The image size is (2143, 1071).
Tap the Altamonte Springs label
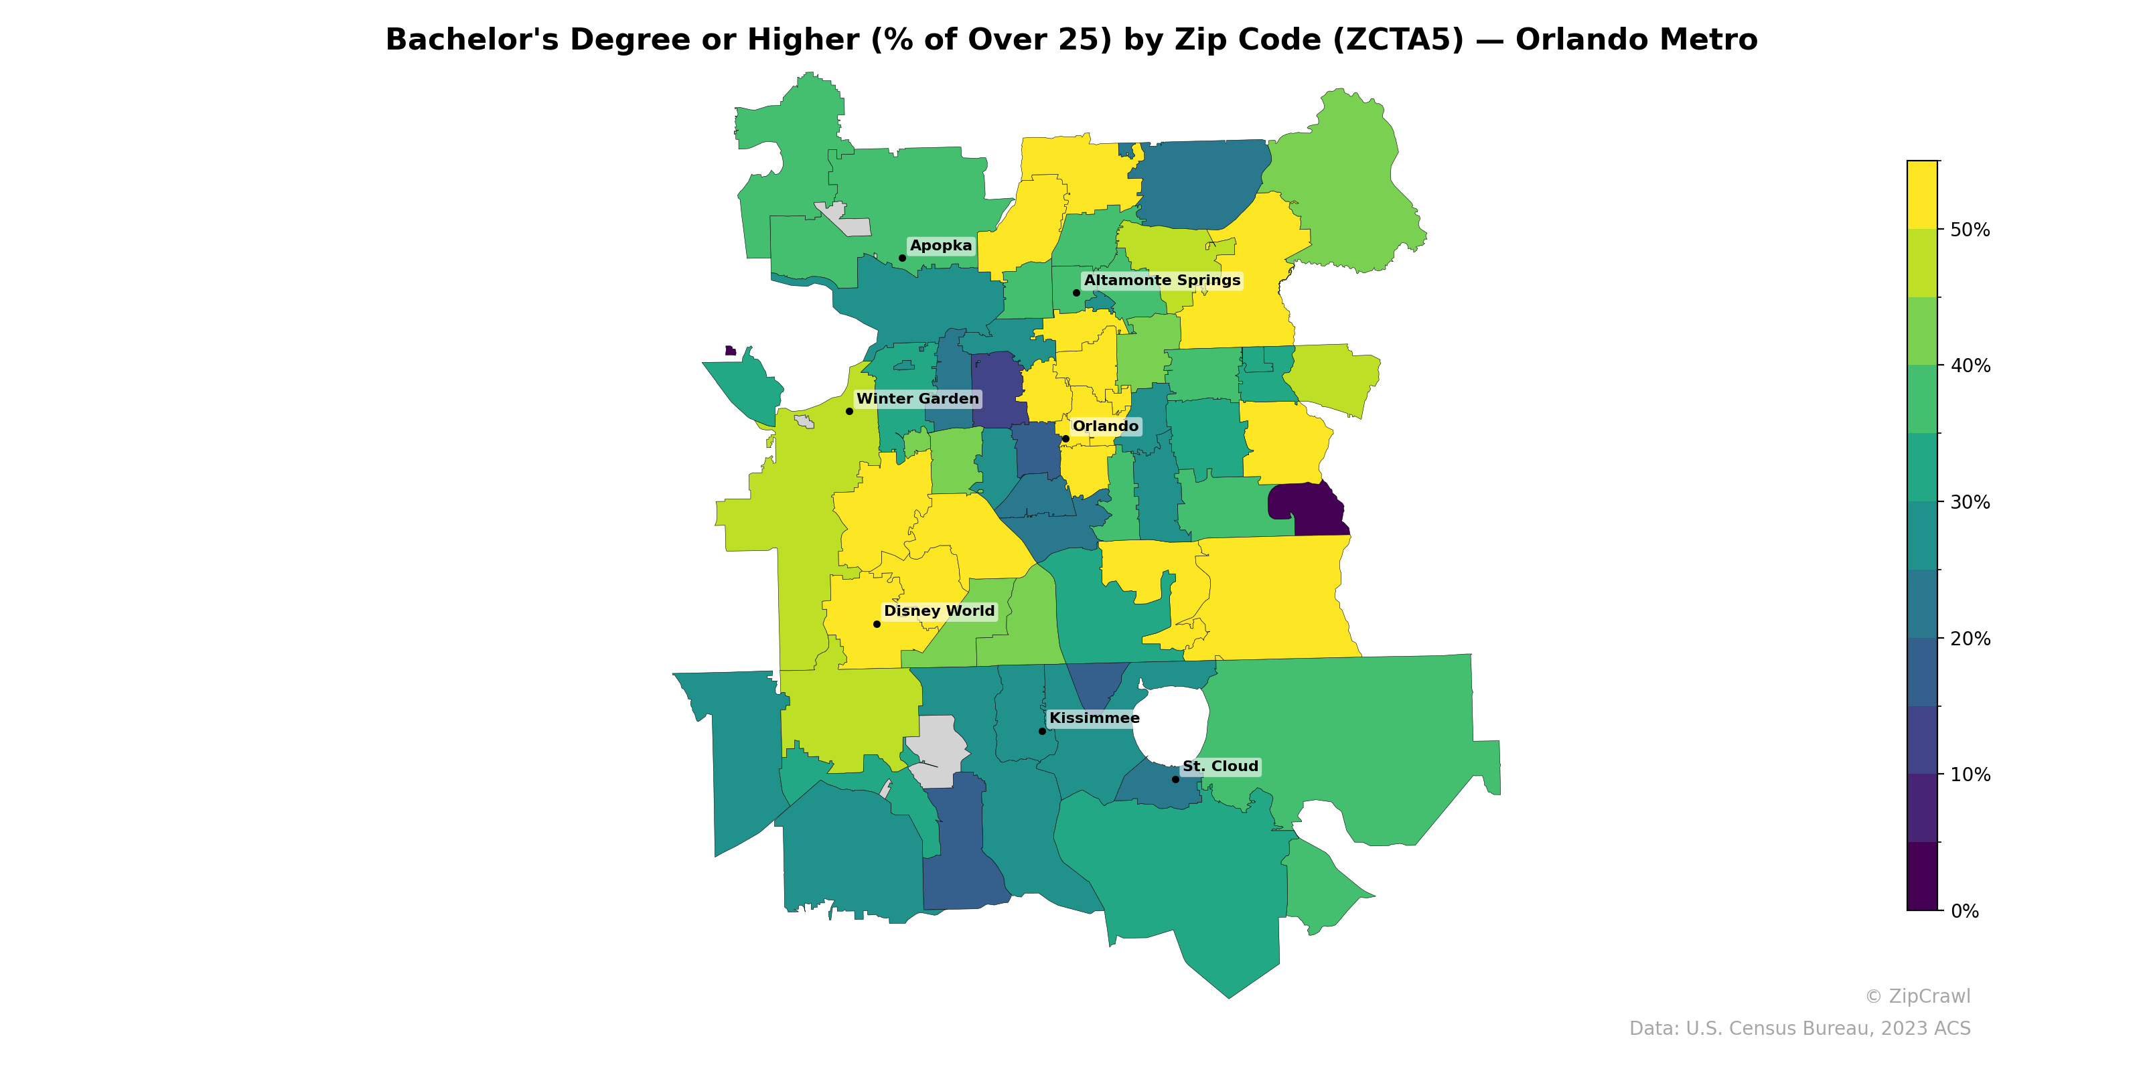(1161, 280)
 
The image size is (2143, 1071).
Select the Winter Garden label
(917, 398)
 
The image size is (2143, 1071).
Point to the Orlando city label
(1105, 426)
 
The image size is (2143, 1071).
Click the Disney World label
(938, 610)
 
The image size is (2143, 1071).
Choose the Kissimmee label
(1094, 718)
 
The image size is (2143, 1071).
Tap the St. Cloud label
(1220, 766)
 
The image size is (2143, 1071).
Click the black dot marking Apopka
(903, 258)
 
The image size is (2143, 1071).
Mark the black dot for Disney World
(877, 624)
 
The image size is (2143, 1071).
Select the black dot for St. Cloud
(1175, 779)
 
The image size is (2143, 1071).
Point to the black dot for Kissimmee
(1043, 731)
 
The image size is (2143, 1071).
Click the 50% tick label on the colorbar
(1970, 230)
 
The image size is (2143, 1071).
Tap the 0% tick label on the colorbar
(1964, 911)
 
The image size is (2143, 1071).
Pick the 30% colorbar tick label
(1970, 502)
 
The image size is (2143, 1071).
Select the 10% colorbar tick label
(1970, 775)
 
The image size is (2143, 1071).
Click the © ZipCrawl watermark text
(1917, 996)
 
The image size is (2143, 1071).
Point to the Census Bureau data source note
(1799, 1029)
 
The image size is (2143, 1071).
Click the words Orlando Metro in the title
(1635, 40)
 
